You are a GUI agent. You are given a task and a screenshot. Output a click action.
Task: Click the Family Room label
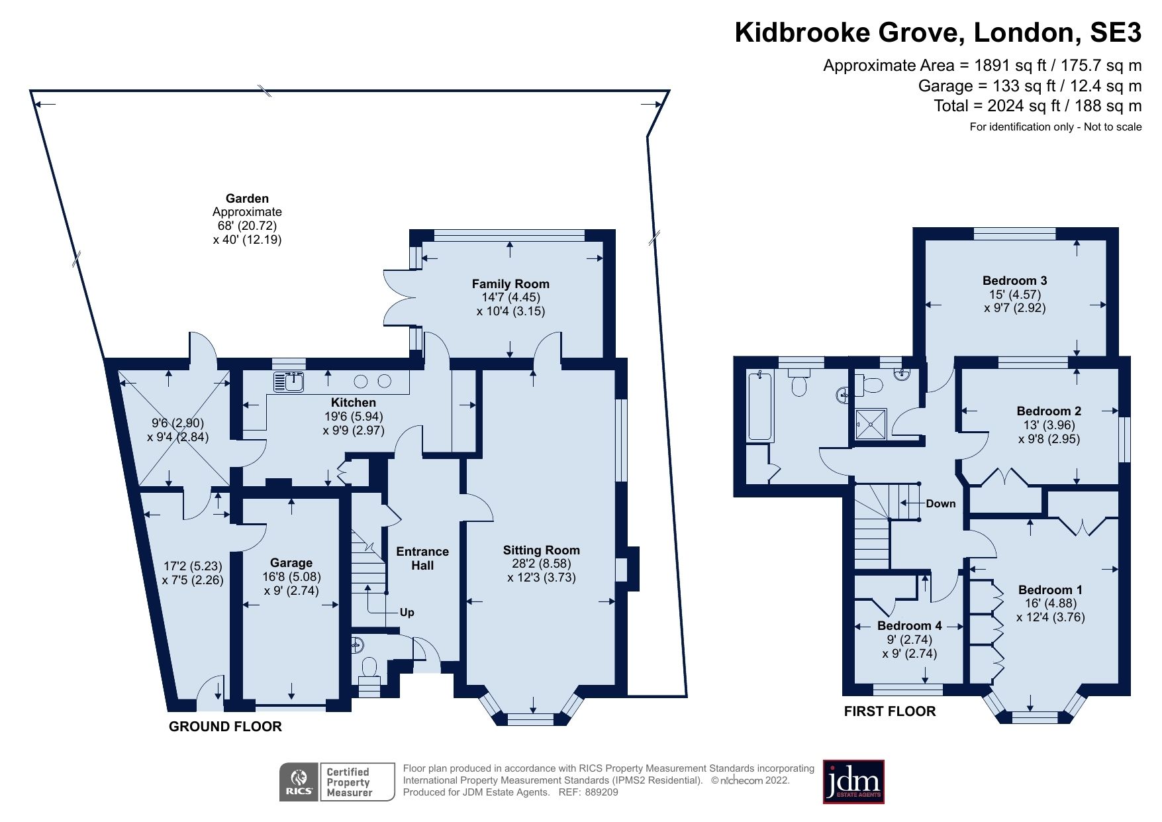click(510, 283)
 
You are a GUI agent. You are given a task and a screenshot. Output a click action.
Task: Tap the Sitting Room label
click(541, 550)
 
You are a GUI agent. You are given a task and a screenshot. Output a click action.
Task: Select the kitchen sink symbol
click(289, 382)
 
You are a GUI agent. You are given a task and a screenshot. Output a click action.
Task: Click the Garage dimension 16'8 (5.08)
click(291, 576)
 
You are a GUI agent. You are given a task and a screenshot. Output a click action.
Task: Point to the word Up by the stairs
click(407, 612)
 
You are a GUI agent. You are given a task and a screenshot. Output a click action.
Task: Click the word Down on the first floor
click(940, 503)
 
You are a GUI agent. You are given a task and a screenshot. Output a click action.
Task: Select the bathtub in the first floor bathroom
click(761, 407)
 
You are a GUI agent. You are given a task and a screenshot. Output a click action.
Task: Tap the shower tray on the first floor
click(871, 424)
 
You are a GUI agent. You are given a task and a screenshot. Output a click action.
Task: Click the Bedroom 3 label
click(1014, 280)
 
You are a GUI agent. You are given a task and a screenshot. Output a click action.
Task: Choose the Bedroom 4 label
click(909, 625)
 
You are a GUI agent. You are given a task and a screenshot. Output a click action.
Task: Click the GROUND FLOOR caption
click(225, 727)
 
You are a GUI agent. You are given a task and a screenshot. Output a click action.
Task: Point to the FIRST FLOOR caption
click(889, 711)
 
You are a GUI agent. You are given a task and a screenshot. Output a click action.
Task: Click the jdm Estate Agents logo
click(853, 782)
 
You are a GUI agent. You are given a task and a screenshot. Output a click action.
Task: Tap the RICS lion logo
click(299, 782)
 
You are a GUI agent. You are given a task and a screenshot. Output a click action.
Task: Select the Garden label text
click(247, 198)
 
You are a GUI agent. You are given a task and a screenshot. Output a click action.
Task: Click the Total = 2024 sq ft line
click(1037, 106)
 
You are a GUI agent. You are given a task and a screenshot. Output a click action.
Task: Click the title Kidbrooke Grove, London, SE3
click(938, 32)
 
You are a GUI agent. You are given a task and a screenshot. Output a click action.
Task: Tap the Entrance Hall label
click(422, 558)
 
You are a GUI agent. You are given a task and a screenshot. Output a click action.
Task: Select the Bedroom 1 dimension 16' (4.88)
click(1050, 603)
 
